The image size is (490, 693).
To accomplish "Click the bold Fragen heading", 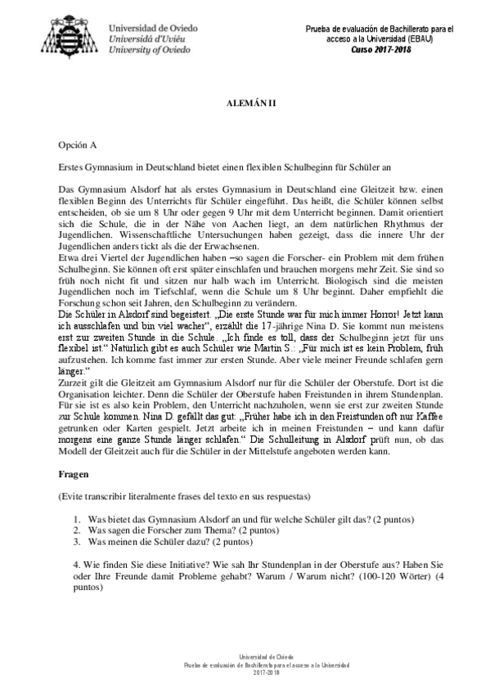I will click(x=78, y=475).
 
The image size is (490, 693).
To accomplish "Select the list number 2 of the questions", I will click(x=75, y=530).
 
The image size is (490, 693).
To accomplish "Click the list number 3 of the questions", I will click(x=75, y=541).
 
